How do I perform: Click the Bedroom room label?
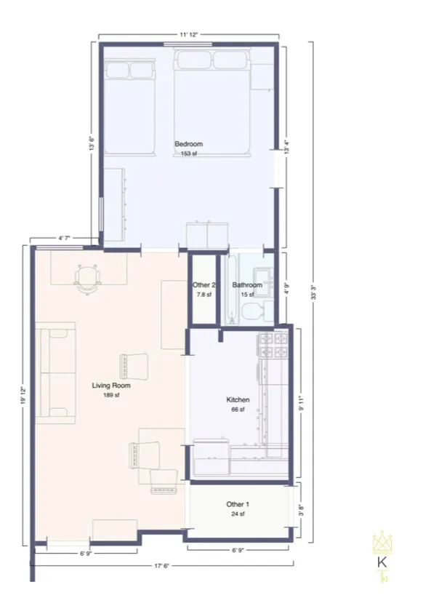[x=188, y=144]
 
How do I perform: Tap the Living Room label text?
[x=106, y=386]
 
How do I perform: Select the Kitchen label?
[x=238, y=400]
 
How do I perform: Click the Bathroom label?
[x=247, y=285]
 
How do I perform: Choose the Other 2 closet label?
[x=204, y=285]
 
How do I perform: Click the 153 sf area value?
[x=188, y=154]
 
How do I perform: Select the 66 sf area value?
[x=238, y=410]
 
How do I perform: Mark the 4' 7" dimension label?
[x=65, y=238]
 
